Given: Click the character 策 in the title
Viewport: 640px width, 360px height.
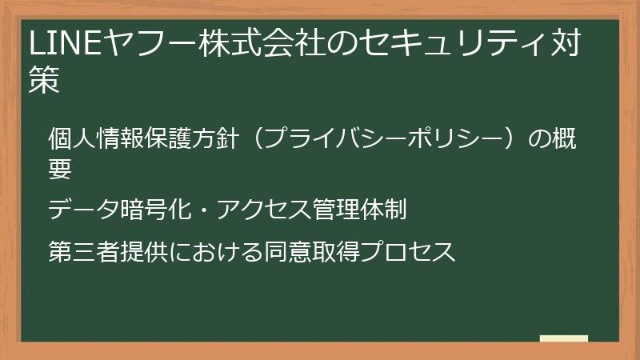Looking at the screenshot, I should (45, 82).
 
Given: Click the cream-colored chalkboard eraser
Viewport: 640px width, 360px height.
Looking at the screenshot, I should (564, 338).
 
